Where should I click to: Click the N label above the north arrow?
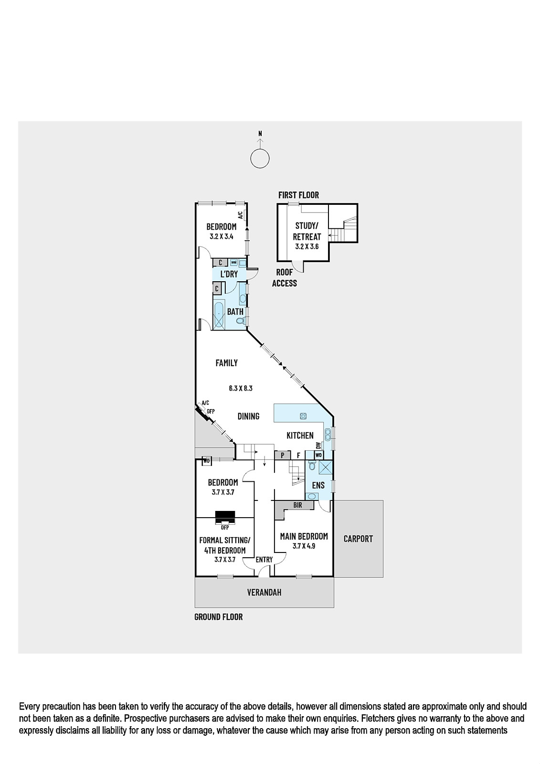click(x=260, y=134)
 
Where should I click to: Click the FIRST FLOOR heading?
click(x=298, y=195)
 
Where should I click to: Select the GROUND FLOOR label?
click(x=218, y=616)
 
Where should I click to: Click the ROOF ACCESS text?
click(x=285, y=277)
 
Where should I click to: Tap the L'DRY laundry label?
click(x=229, y=274)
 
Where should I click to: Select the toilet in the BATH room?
click(x=241, y=320)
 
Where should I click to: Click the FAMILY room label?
click(x=226, y=363)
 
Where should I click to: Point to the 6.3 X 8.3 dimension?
click(x=241, y=388)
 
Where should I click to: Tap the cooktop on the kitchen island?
click(x=303, y=416)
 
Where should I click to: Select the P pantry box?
click(x=283, y=455)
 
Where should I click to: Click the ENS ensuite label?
click(x=318, y=485)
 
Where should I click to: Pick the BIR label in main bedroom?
click(x=298, y=505)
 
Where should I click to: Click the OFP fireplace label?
click(x=225, y=527)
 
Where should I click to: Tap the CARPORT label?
click(x=358, y=539)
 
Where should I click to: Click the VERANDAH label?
click(x=265, y=593)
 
